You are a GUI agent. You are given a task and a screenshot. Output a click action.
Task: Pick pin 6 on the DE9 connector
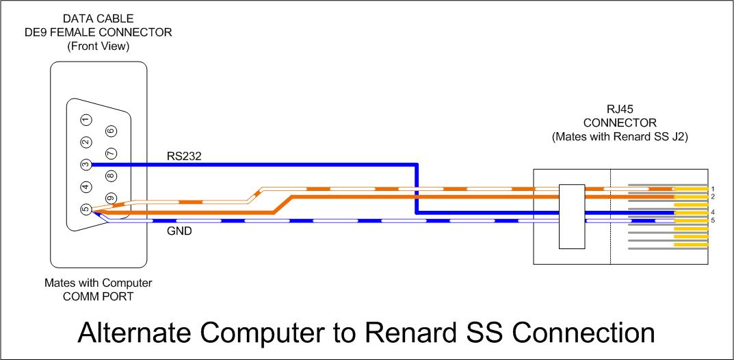click(111, 131)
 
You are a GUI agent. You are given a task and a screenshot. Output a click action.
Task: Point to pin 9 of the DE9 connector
click(111, 198)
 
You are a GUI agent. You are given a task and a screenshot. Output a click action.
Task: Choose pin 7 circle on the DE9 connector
click(111, 153)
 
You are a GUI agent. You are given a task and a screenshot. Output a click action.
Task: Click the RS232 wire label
click(184, 156)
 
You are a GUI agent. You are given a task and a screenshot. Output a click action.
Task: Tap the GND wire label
click(179, 231)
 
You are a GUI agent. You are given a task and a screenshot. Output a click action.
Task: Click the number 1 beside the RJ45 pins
click(713, 189)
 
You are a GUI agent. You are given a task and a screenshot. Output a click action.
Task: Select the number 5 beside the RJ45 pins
click(713, 220)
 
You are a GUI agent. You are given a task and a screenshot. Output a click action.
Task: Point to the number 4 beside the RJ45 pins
click(713, 212)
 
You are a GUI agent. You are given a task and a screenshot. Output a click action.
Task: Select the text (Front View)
click(99, 47)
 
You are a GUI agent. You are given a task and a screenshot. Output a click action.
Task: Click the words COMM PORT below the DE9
click(99, 296)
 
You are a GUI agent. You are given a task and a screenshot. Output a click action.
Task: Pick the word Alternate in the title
click(135, 332)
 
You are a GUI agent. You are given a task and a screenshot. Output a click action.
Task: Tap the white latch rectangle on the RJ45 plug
click(572, 216)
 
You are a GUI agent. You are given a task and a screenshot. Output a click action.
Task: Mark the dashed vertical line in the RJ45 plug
click(610, 217)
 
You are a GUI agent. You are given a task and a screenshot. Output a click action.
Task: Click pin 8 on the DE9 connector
click(111, 176)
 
